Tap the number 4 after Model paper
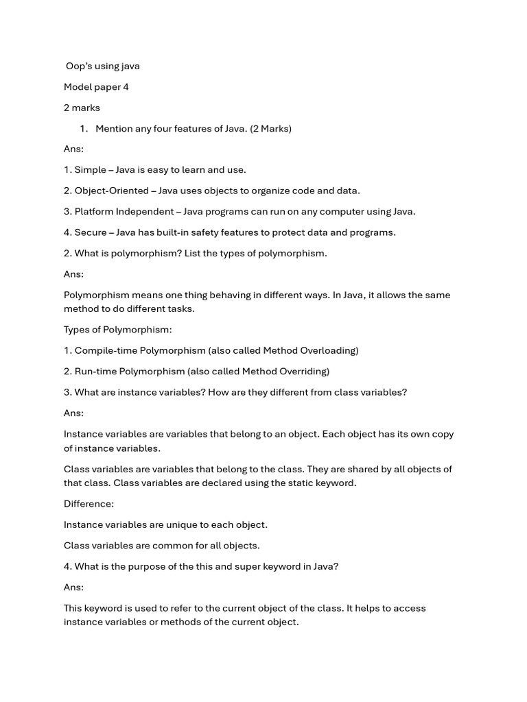coord(126,87)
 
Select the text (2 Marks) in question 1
coord(270,129)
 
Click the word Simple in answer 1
coord(90,170)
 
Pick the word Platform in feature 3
coord(94,211)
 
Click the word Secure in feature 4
coord(90,232)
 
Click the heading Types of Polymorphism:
coord(118,330)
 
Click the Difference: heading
coord(89,504)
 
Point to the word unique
coord(181,524)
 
